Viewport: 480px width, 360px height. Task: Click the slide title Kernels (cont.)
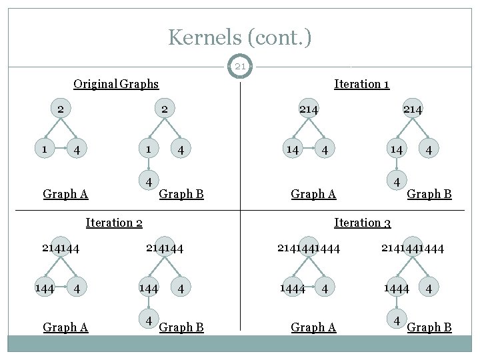pyautogui.click(x=239, y=37)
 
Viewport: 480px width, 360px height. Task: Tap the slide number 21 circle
pyautogui.click(x=239, y=67)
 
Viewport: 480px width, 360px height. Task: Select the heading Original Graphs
pyautogui.click(x=116, y=83)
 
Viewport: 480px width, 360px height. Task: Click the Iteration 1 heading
pyautogui.click(x=361, y=83)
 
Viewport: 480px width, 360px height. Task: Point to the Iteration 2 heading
pyautogui.click(x=114, y=222)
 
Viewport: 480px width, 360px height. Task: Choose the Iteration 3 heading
pyautogui.click(x=362, y=222)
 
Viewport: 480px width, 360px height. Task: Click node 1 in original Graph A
pyautogui.click(x=45, y=149)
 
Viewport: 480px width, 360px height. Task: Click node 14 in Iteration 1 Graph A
pyautogui.click(x=292, y=149)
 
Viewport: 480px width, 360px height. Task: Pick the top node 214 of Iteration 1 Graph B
pyautogui.click(x=412, y=109)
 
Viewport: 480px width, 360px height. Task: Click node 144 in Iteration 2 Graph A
pyautogui.click(x=45, y=288)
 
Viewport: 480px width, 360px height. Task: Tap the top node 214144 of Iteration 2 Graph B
pyautogui.click(x=164, y=248)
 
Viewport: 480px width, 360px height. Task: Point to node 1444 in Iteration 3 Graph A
pyautogui.click(x=292, y=288)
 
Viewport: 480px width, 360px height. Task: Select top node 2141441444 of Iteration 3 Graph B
pyautogui.click(x=412, y=248)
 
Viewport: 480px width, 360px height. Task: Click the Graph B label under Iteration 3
pyautogui.click(x=429, y=327)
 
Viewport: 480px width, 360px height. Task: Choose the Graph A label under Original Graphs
pyautogui.click(x=65, y=194)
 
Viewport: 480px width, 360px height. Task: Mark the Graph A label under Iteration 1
pyautogui.click(x=313, y=194)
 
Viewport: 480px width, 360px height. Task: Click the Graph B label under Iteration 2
pyautogui.click(x=181, y=327)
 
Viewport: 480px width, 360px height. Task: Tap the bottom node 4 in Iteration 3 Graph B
pyautogui.click(x=397, y=320)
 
